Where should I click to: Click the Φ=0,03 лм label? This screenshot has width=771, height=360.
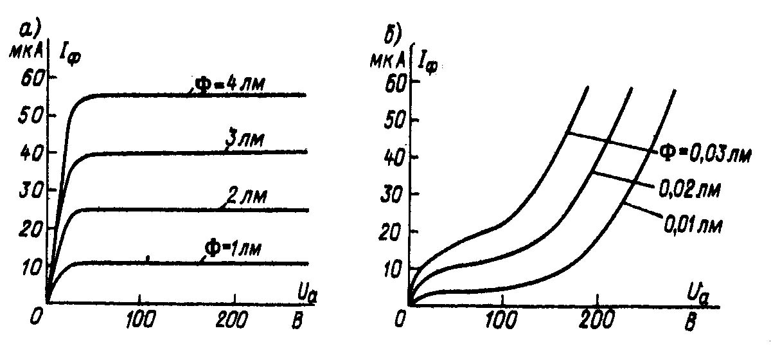704,153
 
